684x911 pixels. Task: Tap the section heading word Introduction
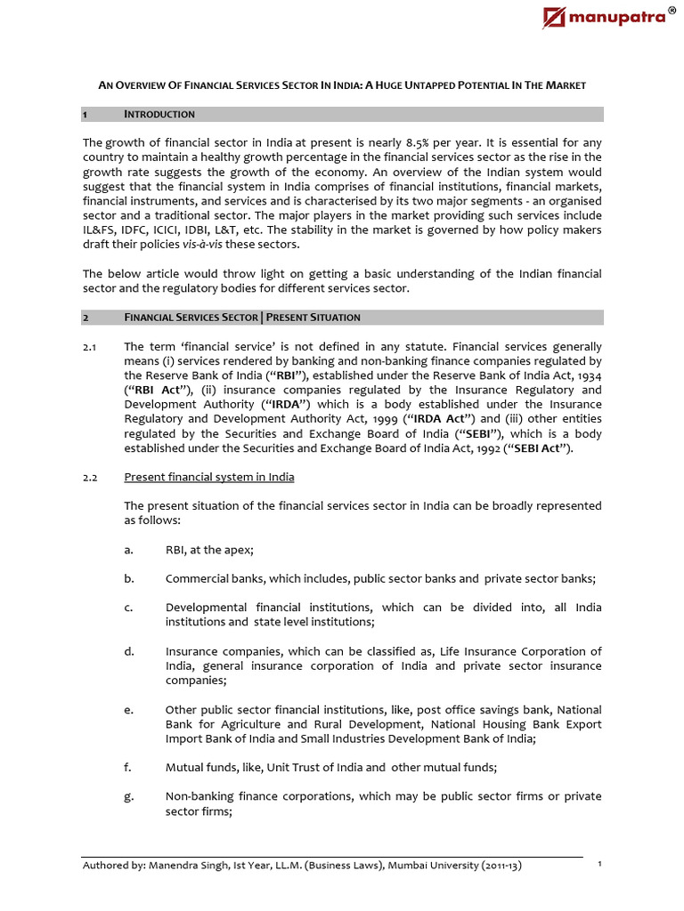(159, 115)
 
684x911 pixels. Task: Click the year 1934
(587, 375)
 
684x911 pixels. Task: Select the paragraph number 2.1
(89, 345)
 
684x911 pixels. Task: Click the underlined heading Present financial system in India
(209, 478)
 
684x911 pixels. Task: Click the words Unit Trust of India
(305, 767)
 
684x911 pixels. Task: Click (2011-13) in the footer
(491, 866)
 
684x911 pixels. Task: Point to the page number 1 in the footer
(600, 864)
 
